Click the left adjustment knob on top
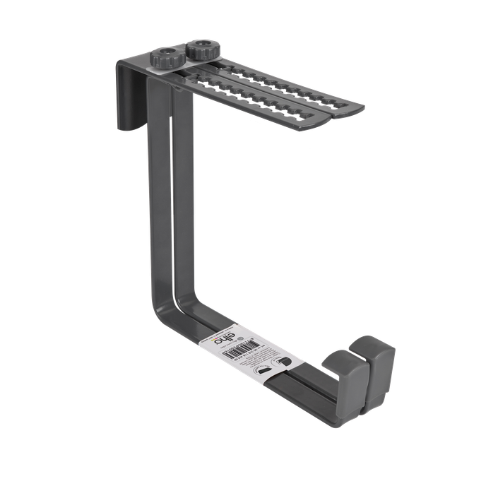coord(166,59)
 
